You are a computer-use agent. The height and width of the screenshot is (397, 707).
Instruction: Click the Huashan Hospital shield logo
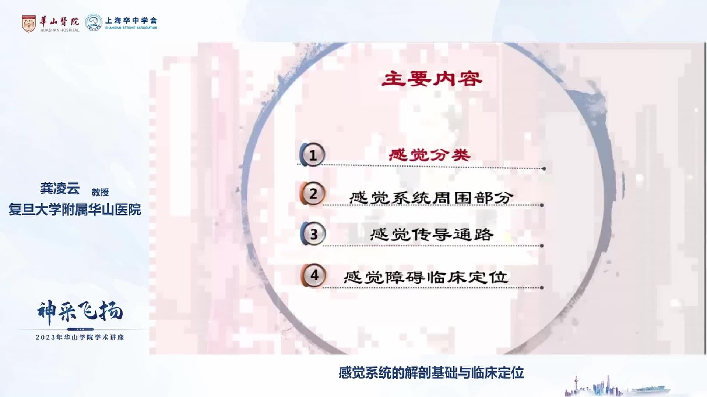[29, 23]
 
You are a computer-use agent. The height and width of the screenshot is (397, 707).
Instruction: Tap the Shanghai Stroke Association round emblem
[94, 22]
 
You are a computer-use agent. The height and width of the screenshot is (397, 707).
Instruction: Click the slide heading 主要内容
[432, 79]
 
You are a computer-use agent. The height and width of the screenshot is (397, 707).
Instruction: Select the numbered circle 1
[313, 155]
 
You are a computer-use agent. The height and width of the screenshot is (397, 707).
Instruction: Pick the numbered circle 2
[313, 194]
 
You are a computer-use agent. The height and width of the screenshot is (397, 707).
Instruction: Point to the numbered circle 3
[313, 234]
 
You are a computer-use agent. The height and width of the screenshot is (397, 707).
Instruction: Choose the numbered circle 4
[314, 275]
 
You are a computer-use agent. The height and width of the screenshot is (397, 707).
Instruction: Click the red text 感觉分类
[430, 155]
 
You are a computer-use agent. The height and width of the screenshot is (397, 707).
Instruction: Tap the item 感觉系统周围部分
[431, 198]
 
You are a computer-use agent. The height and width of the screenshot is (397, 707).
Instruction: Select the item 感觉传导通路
[431, 235]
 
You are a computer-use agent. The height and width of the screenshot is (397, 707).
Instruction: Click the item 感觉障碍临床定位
[426, 277]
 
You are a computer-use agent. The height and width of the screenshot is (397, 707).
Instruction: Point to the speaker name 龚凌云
[60, 189]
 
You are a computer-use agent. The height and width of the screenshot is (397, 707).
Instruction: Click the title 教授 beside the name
[100, 192]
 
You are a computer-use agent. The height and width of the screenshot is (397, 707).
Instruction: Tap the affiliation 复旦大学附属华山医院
[75, 210]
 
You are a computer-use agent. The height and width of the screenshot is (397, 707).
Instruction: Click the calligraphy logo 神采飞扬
[80, 312]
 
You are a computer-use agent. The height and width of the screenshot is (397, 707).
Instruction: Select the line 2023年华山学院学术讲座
[80, 337]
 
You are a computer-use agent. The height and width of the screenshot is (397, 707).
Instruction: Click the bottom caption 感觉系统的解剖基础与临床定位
[431, 373]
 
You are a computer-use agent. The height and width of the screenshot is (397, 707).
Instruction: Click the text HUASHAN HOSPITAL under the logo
[60, 30]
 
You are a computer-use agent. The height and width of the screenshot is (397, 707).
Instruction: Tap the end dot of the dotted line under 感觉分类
[544, 169]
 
